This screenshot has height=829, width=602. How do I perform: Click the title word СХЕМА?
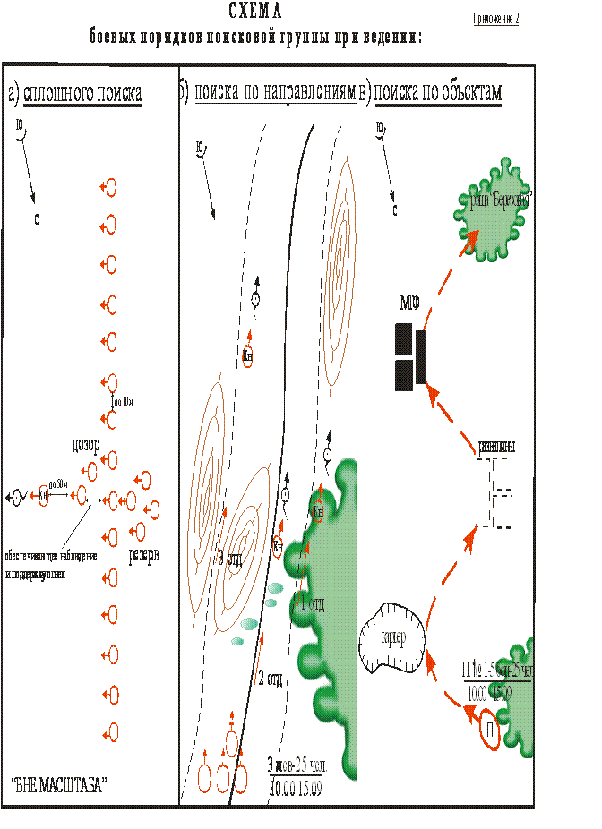[254, 12]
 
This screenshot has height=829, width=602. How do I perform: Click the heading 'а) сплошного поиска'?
[75, 93]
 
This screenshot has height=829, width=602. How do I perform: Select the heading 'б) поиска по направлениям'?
[270, 93]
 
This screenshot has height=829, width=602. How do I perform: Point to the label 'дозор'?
[84, 445]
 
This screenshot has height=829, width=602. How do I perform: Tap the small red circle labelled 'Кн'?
[318, 510]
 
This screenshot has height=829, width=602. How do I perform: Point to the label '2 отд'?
[269, 678]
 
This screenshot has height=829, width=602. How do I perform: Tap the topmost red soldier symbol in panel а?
[111, 188]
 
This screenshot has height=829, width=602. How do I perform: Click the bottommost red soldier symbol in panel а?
[111, 731]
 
